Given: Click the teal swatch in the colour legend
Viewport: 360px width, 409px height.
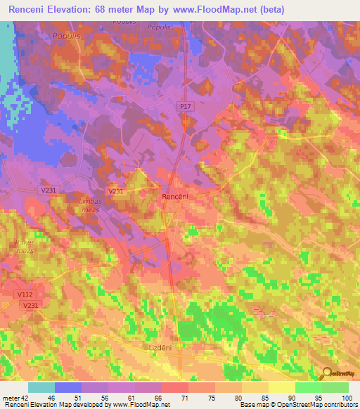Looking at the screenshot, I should tap(41, 387).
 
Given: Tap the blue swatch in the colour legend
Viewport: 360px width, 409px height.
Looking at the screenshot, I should tap(68, 387).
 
